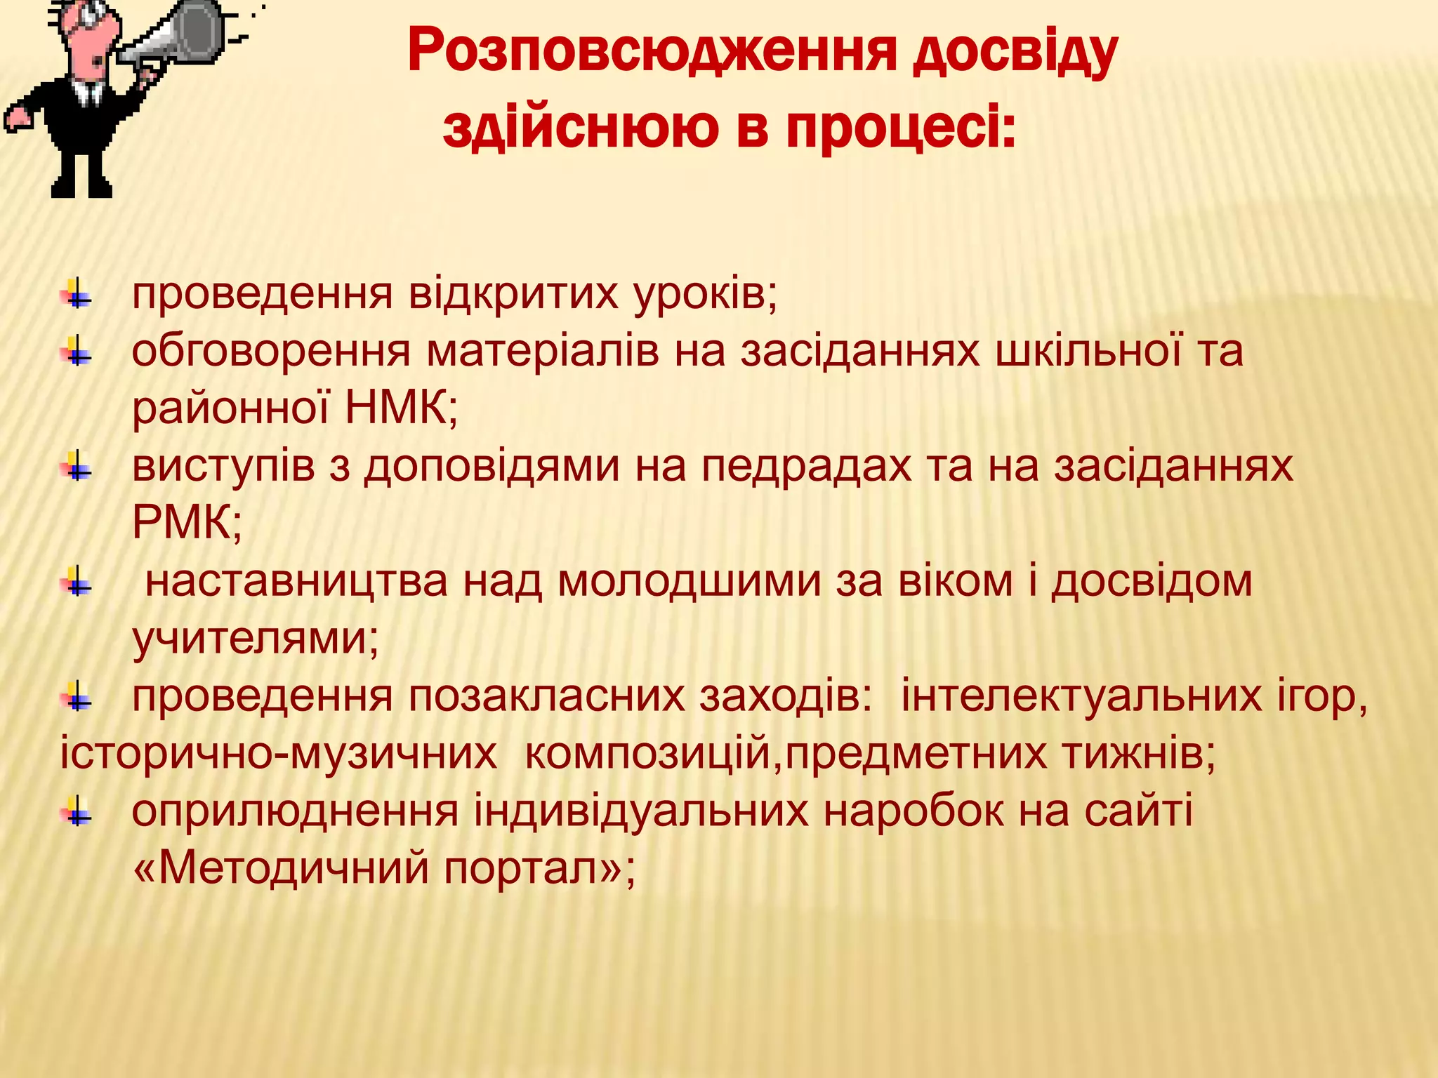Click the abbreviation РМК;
click(187, 522)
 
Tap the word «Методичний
click(280, 868)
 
